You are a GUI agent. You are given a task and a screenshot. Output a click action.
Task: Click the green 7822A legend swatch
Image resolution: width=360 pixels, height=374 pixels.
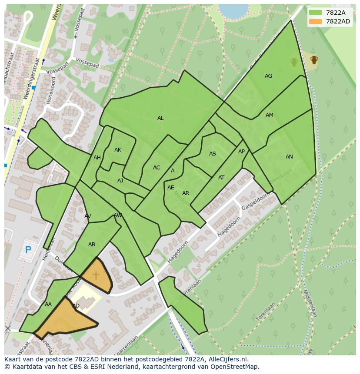coord(315,13)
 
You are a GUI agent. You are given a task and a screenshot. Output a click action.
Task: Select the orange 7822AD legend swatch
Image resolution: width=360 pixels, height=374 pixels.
coord(315,21)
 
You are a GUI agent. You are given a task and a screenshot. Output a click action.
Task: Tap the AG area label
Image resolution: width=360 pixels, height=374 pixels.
coord(268,76)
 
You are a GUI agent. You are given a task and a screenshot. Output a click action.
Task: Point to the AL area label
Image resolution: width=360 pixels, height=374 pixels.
coord(160,118)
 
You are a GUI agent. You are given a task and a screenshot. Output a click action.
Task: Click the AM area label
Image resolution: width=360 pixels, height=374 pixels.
coord(270,115)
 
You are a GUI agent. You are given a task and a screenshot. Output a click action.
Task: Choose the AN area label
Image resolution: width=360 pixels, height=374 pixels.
coord(289,157)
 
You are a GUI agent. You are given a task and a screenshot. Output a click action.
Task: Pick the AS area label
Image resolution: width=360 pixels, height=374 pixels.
coord(213,154)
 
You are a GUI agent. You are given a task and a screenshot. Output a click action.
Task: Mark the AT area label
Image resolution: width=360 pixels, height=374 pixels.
coord(221,178)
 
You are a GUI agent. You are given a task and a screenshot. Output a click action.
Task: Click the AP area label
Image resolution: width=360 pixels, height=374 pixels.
coord(241,152)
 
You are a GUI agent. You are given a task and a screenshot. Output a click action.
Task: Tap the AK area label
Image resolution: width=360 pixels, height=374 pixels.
coord(118,150)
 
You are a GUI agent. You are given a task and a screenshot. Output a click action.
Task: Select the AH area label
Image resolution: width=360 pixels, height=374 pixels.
coord(97,158)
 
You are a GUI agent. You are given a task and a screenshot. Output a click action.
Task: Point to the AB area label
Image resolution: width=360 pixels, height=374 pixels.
coord(92,245)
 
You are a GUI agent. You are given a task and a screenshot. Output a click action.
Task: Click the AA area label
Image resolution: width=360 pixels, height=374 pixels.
coord(48,304)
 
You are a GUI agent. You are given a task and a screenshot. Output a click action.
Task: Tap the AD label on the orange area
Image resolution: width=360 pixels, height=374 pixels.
coord(76,306)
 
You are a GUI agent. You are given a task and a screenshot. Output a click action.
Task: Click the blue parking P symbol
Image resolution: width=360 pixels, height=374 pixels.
coord(28,250)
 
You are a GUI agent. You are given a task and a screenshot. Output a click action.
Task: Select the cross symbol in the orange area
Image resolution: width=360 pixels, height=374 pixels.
coord(96,275)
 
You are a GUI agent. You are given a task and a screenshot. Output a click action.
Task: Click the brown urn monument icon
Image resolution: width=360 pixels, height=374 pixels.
coord(314,60)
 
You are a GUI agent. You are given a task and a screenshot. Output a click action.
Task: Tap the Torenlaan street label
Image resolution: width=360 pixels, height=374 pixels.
coord(266,312)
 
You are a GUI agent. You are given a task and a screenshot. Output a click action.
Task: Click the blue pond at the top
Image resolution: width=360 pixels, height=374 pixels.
coord(233,10)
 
